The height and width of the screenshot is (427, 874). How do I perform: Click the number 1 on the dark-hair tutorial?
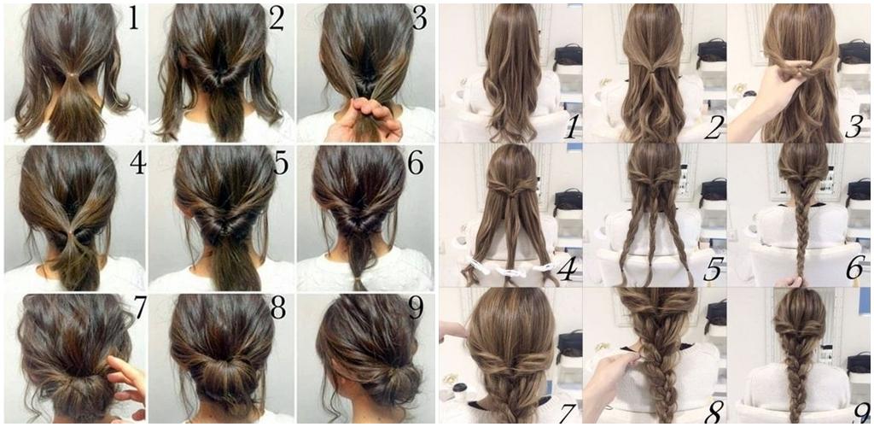(x=133, y=19)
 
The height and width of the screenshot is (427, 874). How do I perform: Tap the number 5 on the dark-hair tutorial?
(x=281, y=163)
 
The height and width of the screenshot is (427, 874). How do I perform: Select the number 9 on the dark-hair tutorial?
(x=416, y=308)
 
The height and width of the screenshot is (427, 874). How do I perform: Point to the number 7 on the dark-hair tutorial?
(x=139, y=308)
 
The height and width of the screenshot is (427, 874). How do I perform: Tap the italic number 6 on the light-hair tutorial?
(x=854, y=268)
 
